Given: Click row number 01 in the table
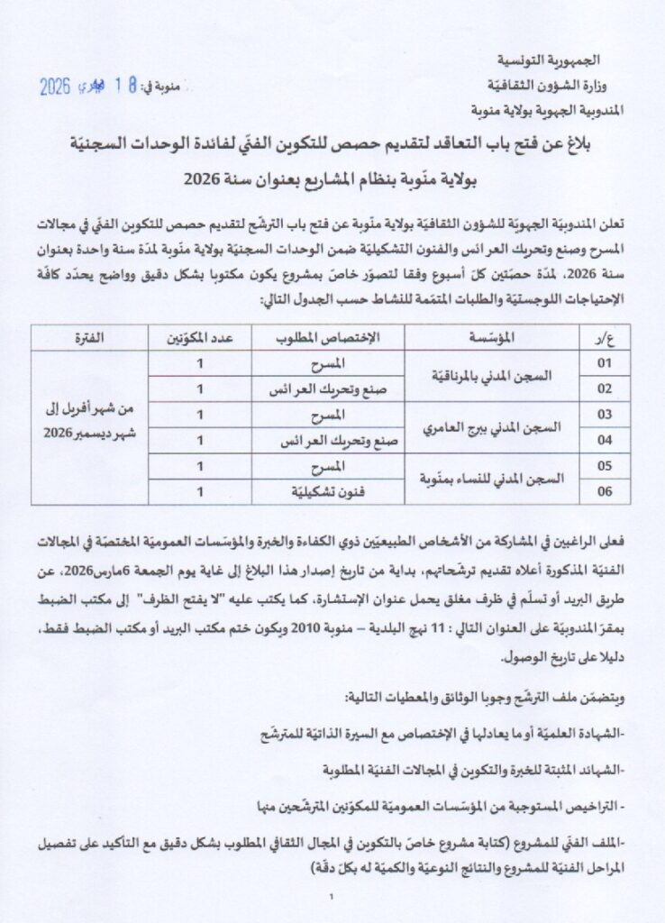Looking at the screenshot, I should pos(604,363).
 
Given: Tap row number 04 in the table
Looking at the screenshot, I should pos(604,441).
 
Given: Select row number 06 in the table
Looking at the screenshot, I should pos(604,491).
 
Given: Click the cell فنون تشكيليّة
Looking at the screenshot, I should pos(326,491).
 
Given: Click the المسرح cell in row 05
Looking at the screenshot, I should pos(326,466).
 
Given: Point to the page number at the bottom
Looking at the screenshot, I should pos(332,896).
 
